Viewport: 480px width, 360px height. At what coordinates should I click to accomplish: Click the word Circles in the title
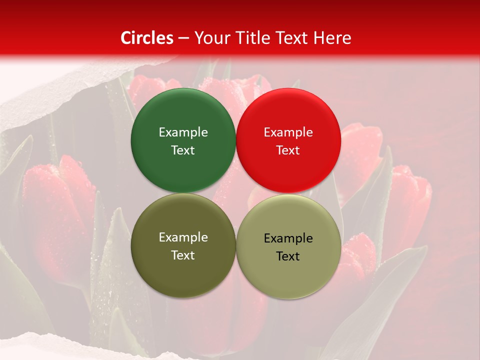coord(146,38)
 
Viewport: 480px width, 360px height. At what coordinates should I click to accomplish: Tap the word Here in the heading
coord(332,38)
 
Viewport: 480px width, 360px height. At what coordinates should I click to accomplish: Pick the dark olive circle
coord(183,270)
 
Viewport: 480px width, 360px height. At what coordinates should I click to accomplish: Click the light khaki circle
coord(288,272)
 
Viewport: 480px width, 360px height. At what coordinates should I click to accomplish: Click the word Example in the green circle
coord(183,132)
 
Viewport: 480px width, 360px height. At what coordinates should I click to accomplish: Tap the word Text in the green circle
coord(183,150)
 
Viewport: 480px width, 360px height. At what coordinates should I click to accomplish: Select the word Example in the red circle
coord(288,132)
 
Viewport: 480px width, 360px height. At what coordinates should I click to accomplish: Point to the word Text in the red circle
coord(288,150)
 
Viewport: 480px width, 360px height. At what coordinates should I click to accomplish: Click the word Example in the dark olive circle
coord(183,237)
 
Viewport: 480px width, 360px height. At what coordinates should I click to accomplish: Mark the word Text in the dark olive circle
coord(183,255)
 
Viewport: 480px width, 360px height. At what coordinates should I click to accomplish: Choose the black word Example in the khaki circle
coord(288,238)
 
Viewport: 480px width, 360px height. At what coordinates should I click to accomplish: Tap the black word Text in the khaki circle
coord(288,256)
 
